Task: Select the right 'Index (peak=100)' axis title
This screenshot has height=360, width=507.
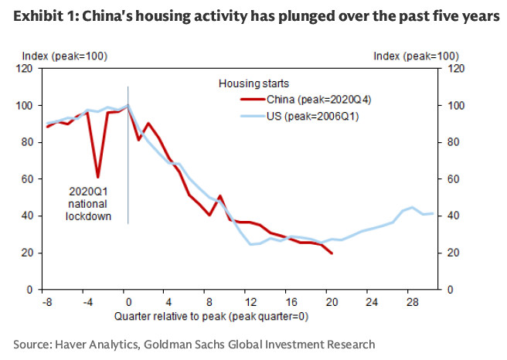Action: [x=416, y=56]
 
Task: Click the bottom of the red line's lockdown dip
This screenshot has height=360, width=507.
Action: [x=97, y=177]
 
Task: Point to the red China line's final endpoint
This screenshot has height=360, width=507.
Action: [x=332, y=253]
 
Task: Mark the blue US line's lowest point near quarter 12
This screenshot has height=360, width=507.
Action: [x=251, y=244]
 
